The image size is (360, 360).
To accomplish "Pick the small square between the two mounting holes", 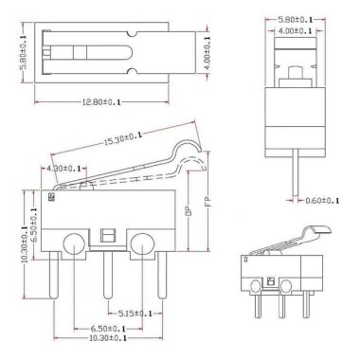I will [107, 236].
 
